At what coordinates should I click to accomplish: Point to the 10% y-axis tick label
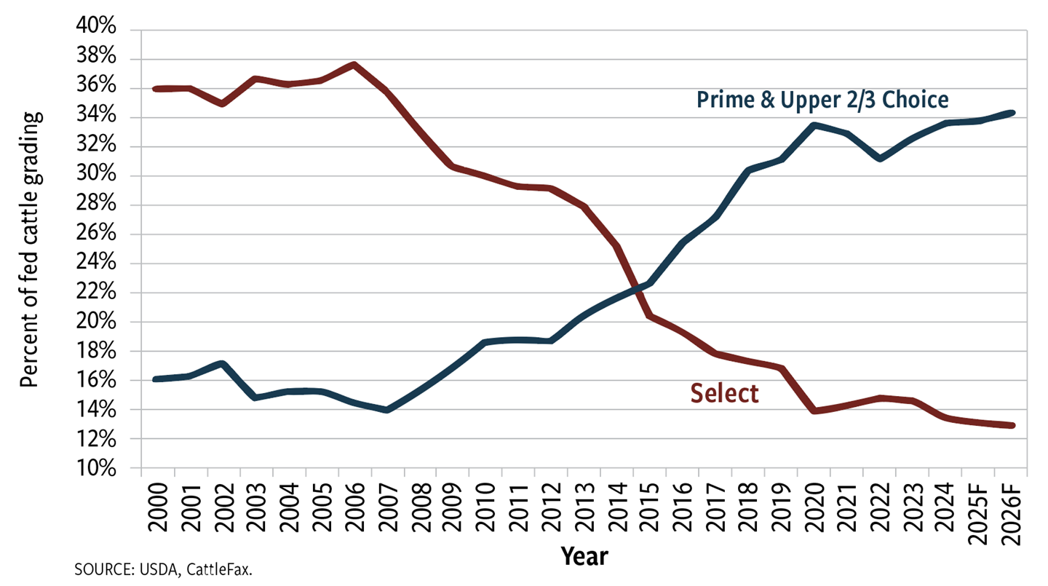pyautogui.click(x=96, y=468)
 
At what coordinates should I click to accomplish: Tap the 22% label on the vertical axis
pyautogui.click(x=96, y=293)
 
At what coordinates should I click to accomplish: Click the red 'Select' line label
pyautogui.click(x=724, y=394)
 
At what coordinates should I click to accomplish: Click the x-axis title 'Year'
pyautogui.click(x=584, y=557)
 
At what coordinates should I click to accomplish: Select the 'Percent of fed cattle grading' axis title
pyautogui.click(x=30, y=249)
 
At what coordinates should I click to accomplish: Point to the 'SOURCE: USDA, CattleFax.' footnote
pyautogui.click(x=164, y=569)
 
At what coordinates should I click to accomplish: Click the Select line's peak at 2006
pyautogui.click(x=354, y=65)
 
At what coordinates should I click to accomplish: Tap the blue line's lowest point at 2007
pyautogui.click(x=386, y=411)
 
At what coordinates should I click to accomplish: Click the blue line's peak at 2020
pyautogui.click(x=814, y=125)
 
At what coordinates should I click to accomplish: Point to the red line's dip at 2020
pyautogui.click(x=814, y=411)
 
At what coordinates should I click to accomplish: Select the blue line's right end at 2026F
pyautogui.click(x=1012, y=113)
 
